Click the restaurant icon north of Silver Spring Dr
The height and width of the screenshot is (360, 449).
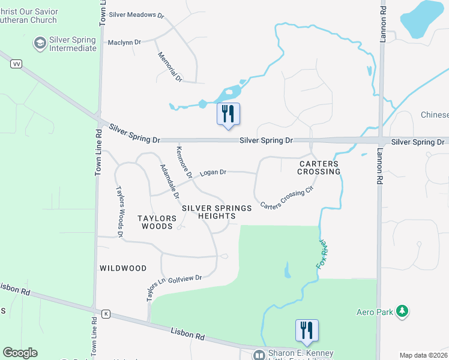click(x=228, y=113)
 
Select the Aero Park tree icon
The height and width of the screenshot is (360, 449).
click(x=403, y=311)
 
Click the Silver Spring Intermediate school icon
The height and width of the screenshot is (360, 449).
click(x=40, y=43)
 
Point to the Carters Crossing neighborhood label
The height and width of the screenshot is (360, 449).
click(x=319, y=167)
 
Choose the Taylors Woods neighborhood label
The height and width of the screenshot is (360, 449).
click(x=158, y=222)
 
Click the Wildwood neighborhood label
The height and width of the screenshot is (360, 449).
click(x=122, y=268)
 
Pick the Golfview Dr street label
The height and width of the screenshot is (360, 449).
click(x=189, y=278)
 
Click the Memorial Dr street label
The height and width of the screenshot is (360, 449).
click(x=170, y=67)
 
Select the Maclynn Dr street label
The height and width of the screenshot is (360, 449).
click(x=124, y=42)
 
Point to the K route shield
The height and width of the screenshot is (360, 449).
click(x=106, y=313)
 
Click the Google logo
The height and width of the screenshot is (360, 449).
click(x=20, y=353)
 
